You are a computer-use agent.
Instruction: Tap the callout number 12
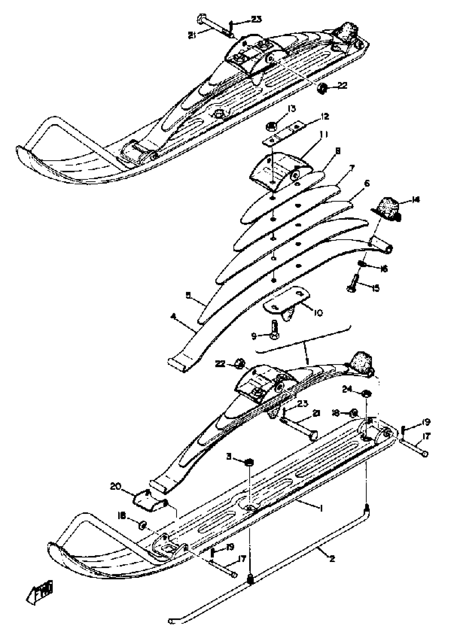324,116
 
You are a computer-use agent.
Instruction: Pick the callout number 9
254,336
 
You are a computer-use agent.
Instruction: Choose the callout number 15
375,288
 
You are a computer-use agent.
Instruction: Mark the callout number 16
384,269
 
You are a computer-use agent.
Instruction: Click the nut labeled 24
366,394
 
